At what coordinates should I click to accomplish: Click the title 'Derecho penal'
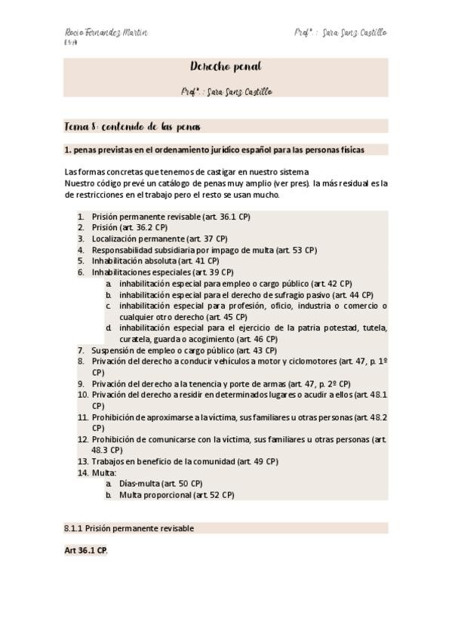[226, 67]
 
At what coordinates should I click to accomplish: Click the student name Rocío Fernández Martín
[106, 33]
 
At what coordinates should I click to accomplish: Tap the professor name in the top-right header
[340, 33]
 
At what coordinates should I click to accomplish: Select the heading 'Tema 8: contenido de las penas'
[132, 127]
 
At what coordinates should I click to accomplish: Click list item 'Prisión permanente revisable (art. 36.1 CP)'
[171, 217]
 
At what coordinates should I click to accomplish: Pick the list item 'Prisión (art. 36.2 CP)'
[130, 227]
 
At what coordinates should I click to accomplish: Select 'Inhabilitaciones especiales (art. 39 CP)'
[162, 272]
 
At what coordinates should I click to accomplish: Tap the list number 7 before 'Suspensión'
[81, 350]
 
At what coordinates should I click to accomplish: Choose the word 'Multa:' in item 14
[104, 472]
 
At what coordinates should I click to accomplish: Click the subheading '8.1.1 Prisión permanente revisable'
[129, 528]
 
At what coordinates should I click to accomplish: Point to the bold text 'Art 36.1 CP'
[85, 551]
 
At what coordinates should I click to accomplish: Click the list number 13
[82, 461]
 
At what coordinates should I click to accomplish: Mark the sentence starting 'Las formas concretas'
[186, 171]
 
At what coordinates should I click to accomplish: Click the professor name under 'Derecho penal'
[226, 92]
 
